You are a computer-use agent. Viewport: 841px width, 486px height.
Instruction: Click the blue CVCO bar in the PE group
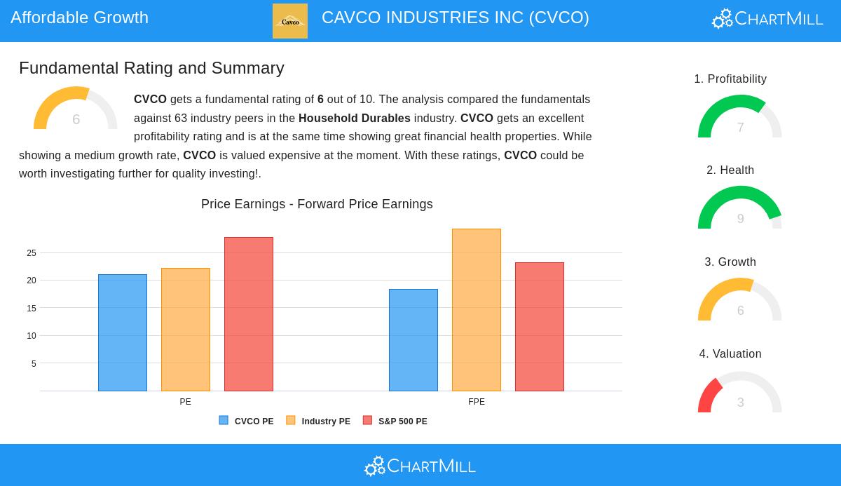tap(123, 332)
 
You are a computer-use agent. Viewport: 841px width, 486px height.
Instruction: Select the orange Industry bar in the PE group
tap(186, 330)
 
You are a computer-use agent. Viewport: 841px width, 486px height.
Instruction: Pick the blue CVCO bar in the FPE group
tap(413, 340)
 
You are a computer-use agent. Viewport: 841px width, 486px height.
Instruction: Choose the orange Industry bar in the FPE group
tap(477, 310)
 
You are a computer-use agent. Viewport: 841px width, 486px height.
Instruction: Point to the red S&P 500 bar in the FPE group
tap(540, 327)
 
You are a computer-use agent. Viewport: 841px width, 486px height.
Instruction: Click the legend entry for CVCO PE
tap(247, 421)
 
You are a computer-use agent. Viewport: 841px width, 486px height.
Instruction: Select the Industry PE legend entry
tap(319, 421)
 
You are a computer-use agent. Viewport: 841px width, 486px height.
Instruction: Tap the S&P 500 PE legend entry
tap(395, 421)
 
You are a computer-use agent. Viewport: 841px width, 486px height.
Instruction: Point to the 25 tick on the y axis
tap(32, 253)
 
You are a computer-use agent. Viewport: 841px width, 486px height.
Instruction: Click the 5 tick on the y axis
tap(34, 364)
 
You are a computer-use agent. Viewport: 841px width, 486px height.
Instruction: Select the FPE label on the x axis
tap(477, 402)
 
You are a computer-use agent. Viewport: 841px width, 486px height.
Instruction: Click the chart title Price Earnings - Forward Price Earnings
tap(317, 204)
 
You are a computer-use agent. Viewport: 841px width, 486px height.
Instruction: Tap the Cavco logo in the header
tap(290, 21)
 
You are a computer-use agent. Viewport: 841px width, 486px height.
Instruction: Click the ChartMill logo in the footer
tap(420, 466)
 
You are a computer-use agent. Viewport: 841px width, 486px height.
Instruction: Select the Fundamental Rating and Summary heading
tap(151, 68)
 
